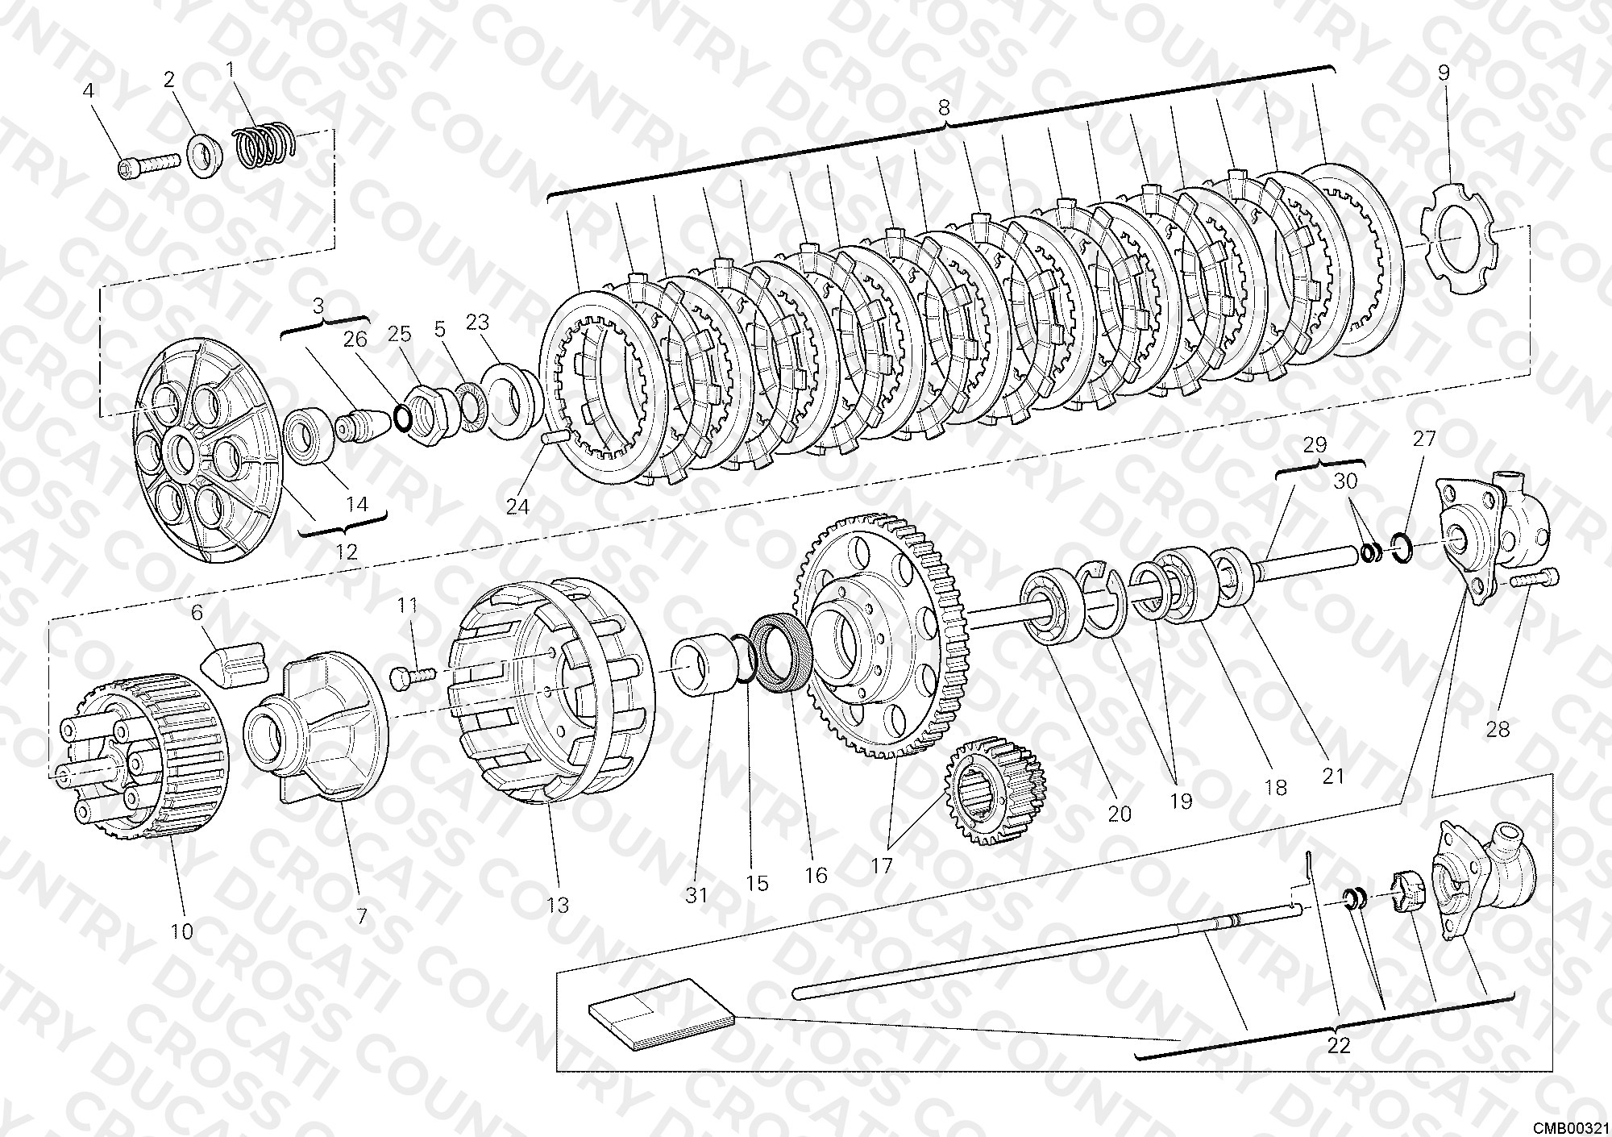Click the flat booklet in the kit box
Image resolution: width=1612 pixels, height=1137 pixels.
coord(661,1014)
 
